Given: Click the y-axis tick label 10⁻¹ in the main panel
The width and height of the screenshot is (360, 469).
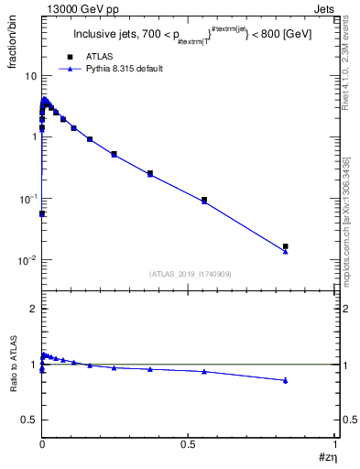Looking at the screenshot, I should pyautogui.click(x=27, y=198).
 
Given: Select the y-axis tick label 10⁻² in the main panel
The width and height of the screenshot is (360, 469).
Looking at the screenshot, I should pyautogui.click(x=27, y=260).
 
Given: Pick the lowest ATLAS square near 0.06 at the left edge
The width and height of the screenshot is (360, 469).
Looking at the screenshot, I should pyautogui.click(x=42, y=213).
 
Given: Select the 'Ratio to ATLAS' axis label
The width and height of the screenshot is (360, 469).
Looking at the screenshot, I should pyautogui.click(x=12, y=364).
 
